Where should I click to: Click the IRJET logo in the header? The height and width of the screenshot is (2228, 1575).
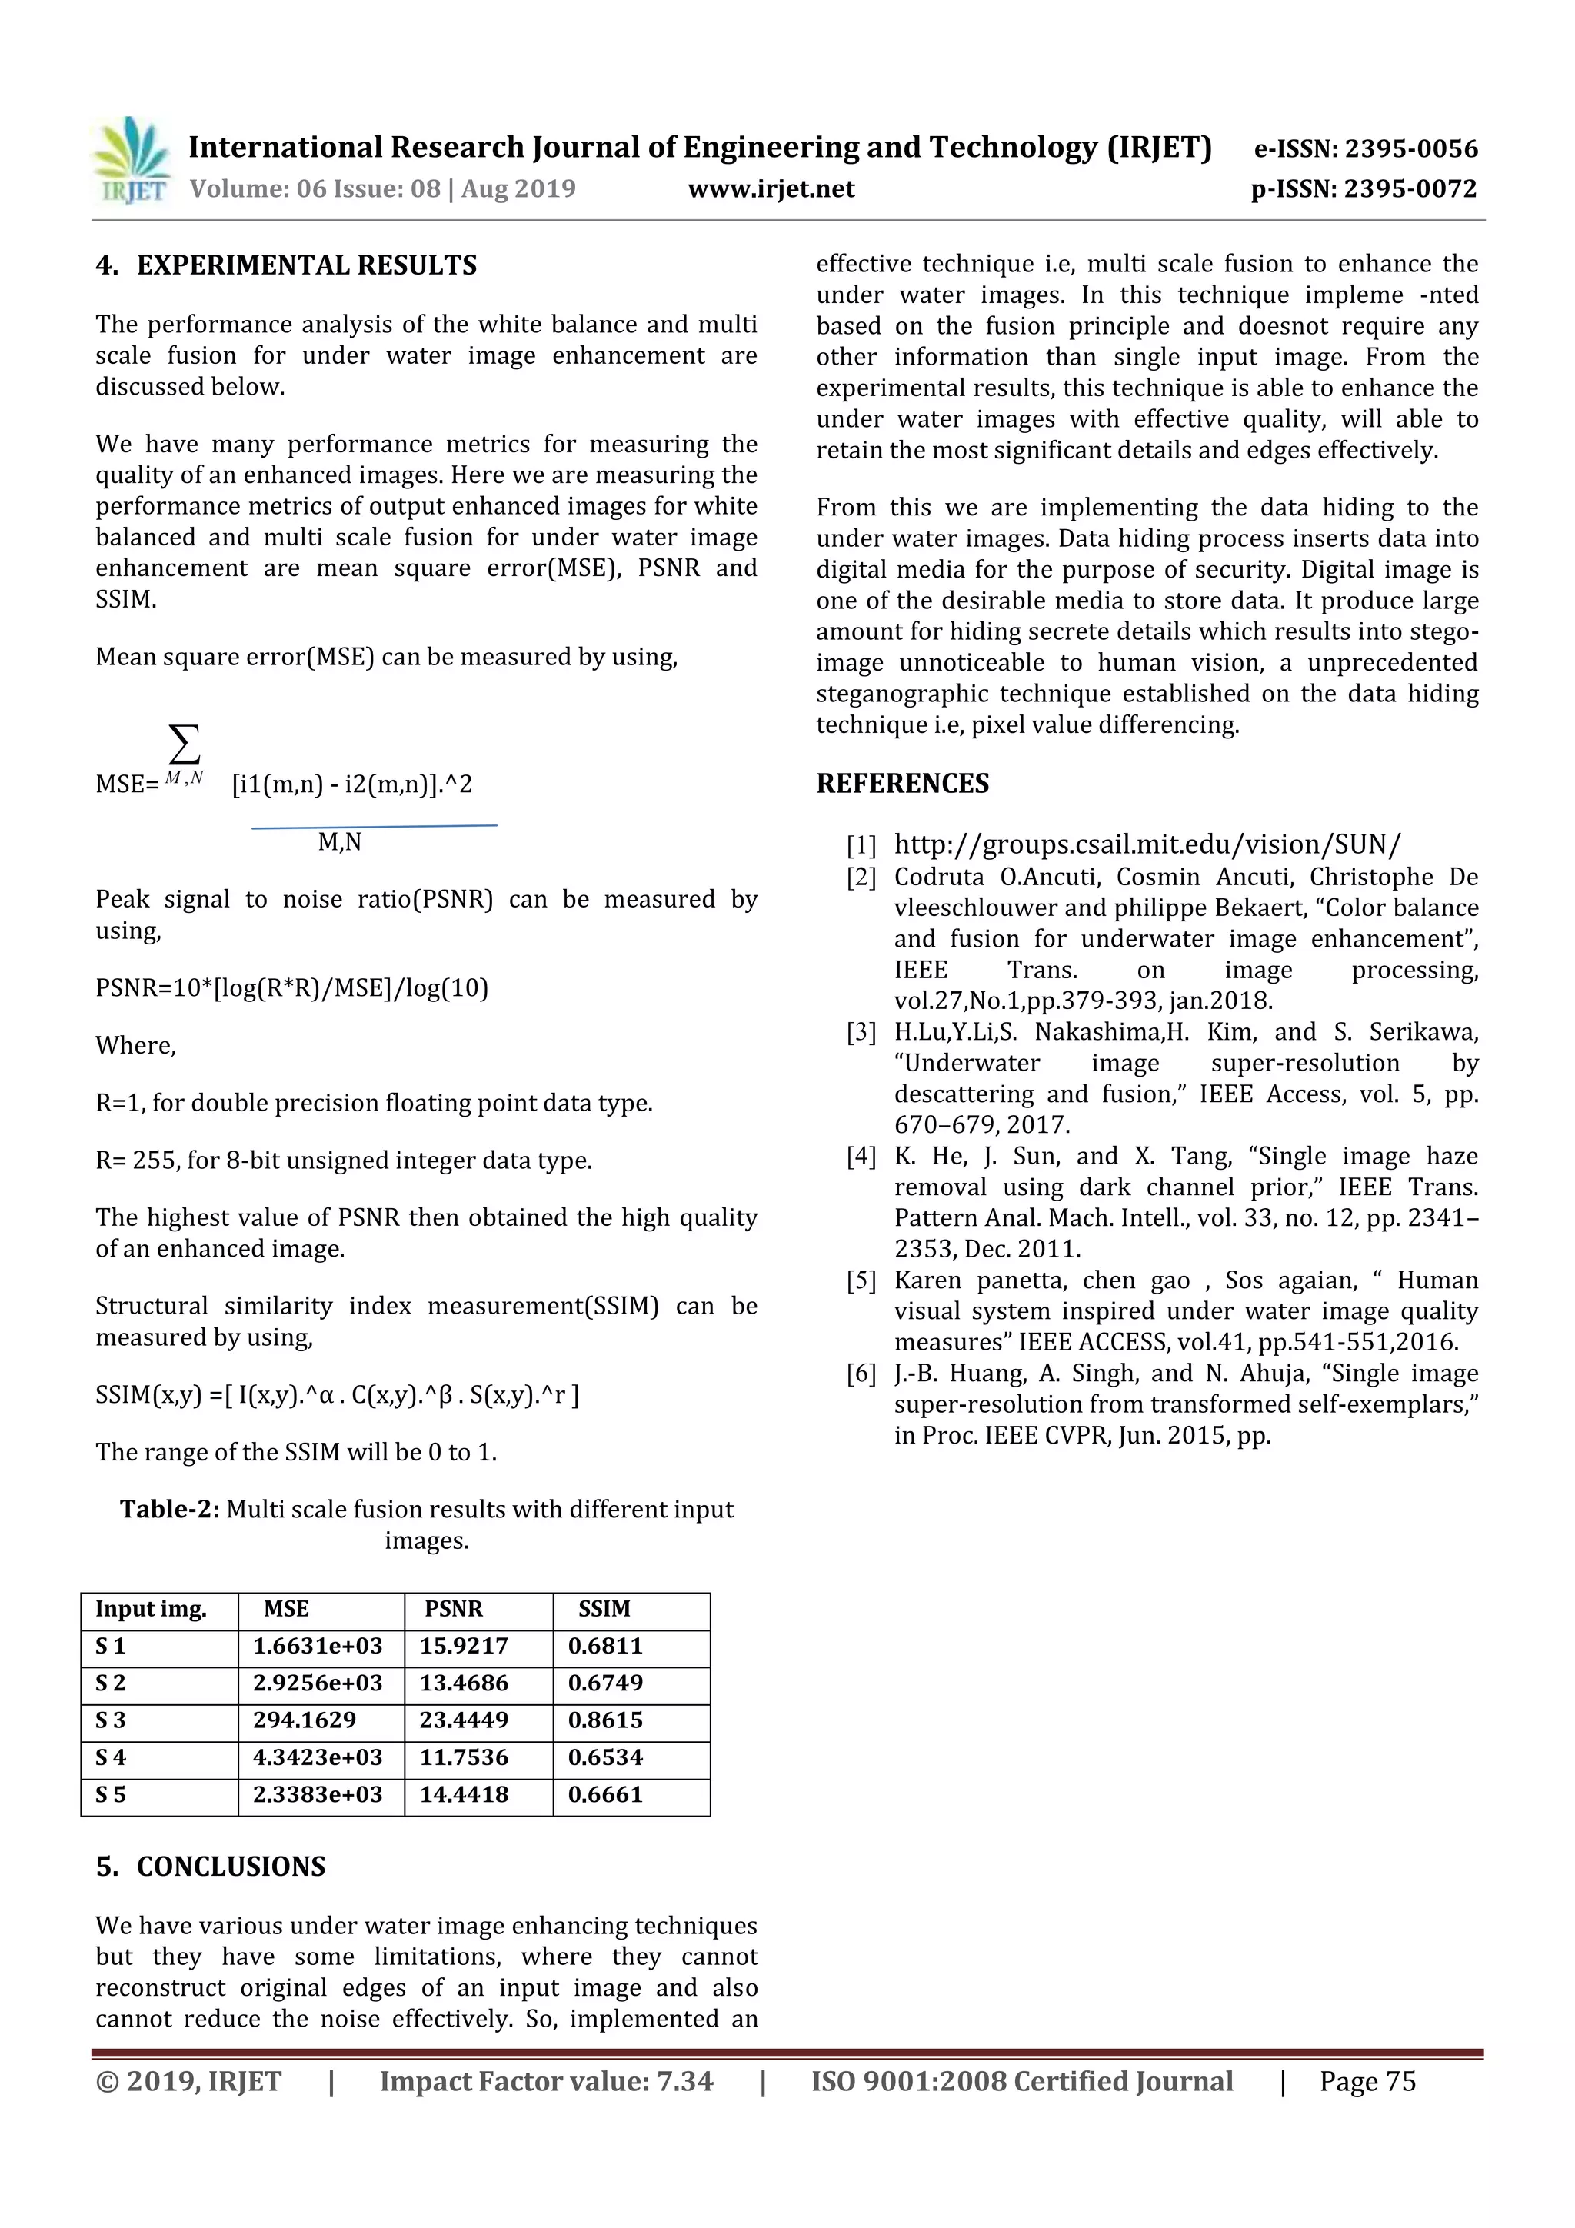(130, 161)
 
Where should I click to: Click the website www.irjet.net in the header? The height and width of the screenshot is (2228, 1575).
(771, 188)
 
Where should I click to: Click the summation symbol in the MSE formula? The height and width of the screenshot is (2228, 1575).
(185, 745)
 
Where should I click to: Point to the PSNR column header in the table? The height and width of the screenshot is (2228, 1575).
(453, 1608)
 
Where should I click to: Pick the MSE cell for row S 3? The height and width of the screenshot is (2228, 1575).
(305, 1720)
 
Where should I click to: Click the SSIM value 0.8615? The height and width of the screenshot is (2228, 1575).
(605, 1720)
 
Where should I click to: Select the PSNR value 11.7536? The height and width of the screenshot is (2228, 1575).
(464, 1757)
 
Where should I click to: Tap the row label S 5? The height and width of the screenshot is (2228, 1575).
(111, 1794)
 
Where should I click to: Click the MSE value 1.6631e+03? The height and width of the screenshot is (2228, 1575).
(318, 1646)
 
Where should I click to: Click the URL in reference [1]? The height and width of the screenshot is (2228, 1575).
(1147, 844)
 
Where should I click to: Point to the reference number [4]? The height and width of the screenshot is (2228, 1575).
(861, 1156)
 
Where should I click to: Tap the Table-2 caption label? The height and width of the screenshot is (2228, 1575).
(170, 1509)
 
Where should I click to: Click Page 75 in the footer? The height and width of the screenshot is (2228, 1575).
(1367, 2080)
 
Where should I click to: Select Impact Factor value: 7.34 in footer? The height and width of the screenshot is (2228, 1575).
(545, 2080)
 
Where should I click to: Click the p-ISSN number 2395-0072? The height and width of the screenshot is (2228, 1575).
(1411, 188)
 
